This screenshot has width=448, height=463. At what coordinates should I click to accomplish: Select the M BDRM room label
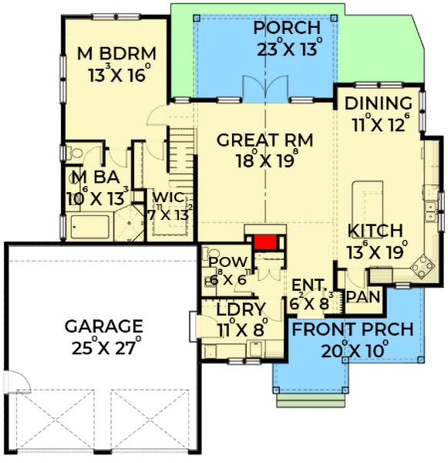[117, 54]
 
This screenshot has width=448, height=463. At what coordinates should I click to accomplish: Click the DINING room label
[378, 104]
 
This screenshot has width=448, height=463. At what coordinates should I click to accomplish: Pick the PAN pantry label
[361, 297]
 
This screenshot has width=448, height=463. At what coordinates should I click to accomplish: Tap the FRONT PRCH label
[353, 330]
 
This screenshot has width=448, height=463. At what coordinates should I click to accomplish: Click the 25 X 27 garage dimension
[104, 346]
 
